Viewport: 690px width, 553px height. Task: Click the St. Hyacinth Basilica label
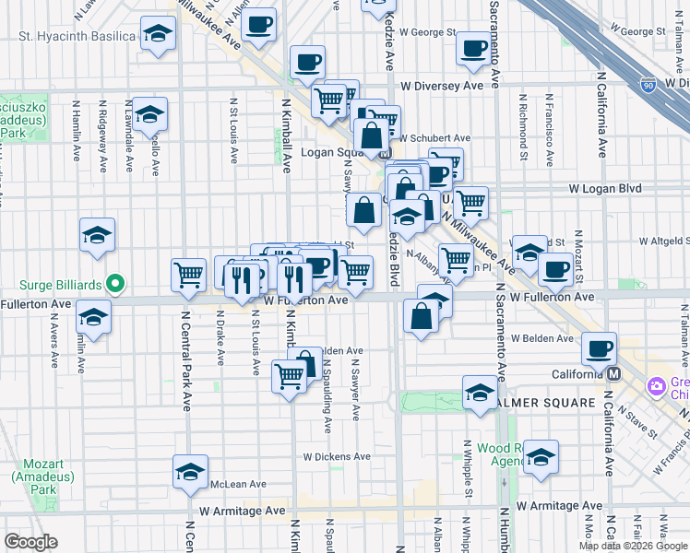click(78, 37)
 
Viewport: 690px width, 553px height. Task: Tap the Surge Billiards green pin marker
click(115, 282)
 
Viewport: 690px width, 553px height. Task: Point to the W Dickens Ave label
click(337, 456)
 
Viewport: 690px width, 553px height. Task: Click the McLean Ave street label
click(237, 484)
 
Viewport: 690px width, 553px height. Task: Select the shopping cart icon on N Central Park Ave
click(189, 273)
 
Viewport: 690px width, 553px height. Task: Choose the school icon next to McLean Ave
click(190, 472)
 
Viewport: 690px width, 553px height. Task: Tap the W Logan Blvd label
click(604, 188)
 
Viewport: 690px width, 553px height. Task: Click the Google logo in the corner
click(30, 542)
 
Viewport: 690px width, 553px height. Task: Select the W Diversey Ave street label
click(442, 86)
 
